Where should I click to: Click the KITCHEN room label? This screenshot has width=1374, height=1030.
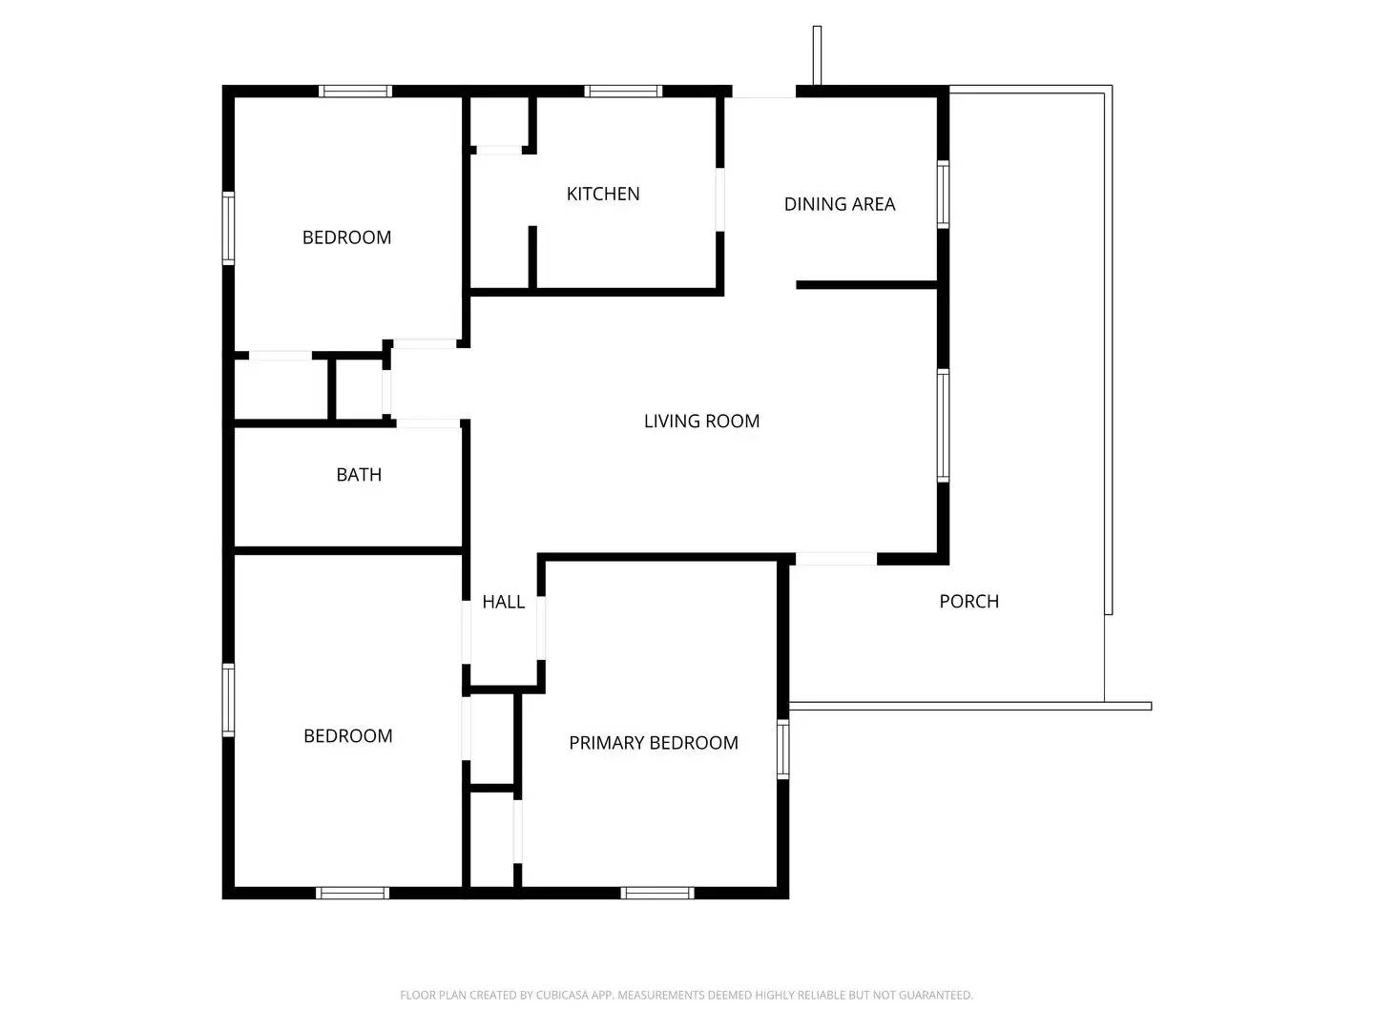tap(603, 194)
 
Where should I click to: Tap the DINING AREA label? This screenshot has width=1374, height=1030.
tap(840, 204)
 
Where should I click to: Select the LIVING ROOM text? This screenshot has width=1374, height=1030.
tap(701, 421)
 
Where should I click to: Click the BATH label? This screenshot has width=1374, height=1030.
tap(359, 475)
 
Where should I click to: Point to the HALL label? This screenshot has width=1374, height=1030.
tap(503, 602)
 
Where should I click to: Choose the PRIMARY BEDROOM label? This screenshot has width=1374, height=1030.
tap(654, 743)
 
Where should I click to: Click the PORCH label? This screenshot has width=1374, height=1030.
tap(968, 602)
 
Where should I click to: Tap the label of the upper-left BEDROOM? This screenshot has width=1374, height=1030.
tap(346, 237)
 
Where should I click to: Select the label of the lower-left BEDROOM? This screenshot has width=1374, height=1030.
tap(347, 736)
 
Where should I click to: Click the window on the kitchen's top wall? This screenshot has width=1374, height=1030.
tap(623, 92)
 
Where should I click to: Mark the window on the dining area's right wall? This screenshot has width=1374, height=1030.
tap(943, 195)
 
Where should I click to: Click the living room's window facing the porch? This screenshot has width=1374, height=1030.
tap(943, 425)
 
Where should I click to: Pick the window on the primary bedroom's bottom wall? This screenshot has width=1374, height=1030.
tap(656, 893)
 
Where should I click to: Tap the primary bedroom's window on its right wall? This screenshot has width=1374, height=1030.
tap(783, 750)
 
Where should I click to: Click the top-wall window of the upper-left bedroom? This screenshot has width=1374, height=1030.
tap(355, 92)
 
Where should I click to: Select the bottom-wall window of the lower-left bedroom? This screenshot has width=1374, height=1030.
tap(352, 893)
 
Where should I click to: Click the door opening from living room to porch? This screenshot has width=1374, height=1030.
tap(836, 559)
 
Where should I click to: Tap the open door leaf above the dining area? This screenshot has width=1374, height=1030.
tap(817, 56)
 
